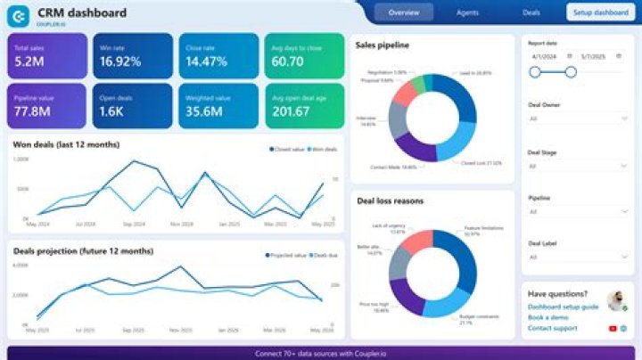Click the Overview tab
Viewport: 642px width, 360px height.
404,12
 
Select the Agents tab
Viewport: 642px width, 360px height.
467,12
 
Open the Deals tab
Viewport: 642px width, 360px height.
531,12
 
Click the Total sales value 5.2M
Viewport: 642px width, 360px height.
31,62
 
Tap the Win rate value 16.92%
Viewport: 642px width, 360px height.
120,62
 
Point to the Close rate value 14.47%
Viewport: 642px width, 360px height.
207,62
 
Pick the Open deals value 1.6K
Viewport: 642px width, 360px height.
112,111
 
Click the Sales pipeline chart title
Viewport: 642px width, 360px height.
383,44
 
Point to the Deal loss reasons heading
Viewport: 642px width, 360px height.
390,200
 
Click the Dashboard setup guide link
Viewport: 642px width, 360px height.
563,307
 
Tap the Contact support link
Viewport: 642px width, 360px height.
552,329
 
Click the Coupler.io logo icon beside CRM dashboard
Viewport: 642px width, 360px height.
20,13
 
